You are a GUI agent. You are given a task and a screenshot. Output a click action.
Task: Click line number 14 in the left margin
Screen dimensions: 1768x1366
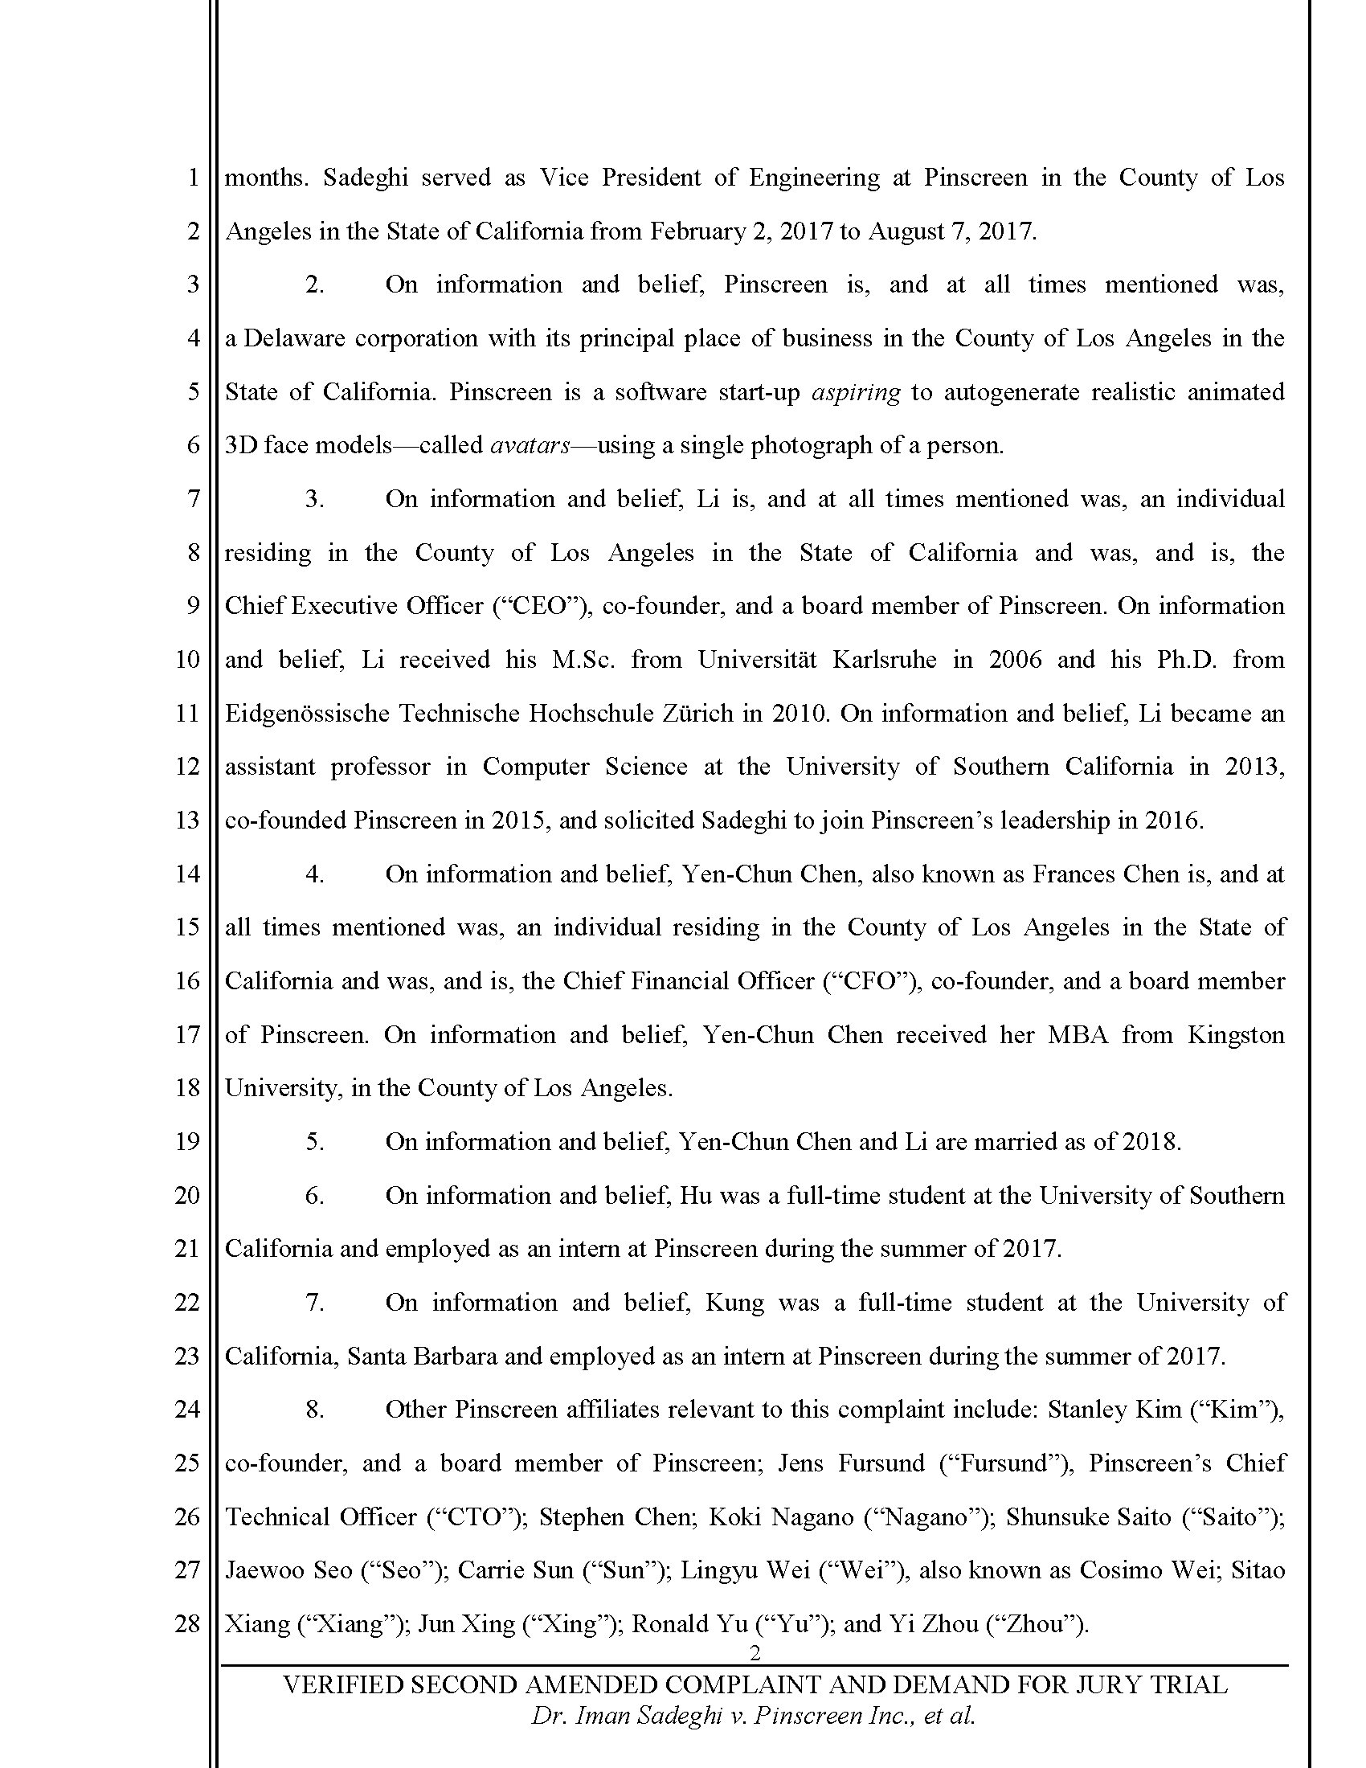[187, 874]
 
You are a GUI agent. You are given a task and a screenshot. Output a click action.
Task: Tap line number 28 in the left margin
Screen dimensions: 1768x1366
[187, 1623]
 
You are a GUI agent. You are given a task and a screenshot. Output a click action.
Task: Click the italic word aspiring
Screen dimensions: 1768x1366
[856, 393]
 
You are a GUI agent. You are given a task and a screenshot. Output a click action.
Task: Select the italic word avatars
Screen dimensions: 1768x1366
[530, 446]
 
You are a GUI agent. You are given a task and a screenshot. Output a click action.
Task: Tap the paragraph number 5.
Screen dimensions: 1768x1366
[315, 1141]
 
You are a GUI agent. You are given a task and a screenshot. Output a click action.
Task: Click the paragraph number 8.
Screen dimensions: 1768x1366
[315, 1410]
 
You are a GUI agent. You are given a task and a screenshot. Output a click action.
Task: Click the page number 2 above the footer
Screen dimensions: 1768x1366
[755, 1653]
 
